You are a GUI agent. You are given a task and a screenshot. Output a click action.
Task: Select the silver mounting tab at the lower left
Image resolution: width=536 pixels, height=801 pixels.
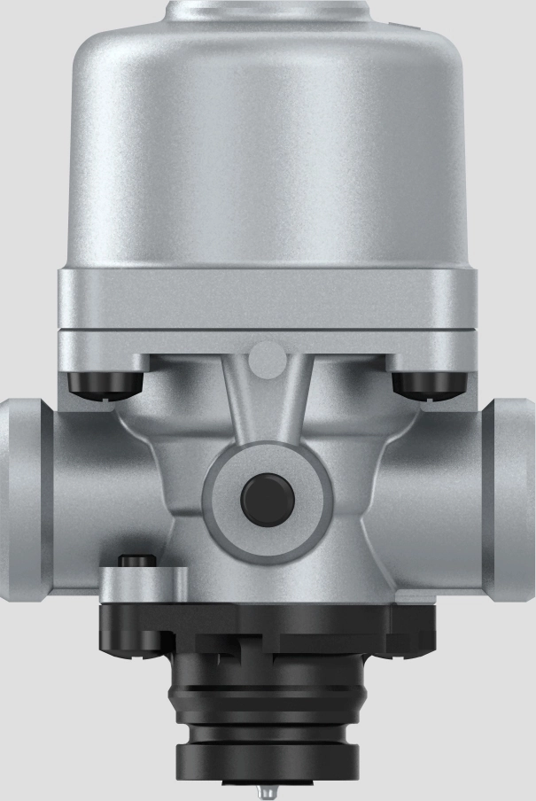(133, 585)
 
